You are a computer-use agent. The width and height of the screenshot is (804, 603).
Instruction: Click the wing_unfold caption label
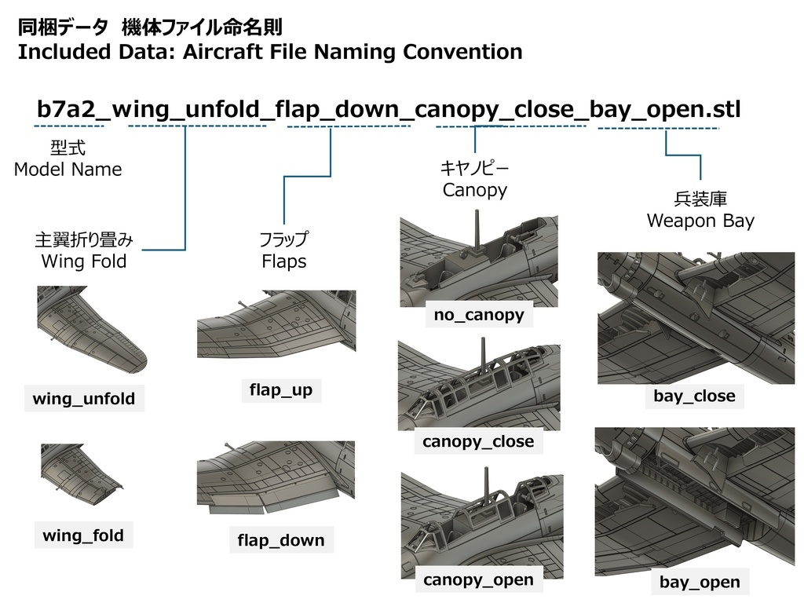(84, 398)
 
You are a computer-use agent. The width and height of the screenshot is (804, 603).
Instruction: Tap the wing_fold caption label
(83, 535)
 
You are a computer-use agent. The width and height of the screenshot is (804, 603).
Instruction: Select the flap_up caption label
(281, 390)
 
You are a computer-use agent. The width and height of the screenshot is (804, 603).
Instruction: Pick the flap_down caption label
(281, 540)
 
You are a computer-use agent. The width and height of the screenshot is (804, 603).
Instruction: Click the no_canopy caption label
(479, 314)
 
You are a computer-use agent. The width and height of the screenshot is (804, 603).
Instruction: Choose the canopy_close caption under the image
(478, 441)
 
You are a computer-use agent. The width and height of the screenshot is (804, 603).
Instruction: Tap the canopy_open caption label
(478, 580)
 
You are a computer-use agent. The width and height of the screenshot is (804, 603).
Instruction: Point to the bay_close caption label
(694, 396)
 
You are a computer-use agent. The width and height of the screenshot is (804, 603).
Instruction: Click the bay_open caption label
(700, 582)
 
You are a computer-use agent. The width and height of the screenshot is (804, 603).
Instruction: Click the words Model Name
(68, 170)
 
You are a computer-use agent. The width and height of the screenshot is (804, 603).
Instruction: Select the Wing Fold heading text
(84, 261)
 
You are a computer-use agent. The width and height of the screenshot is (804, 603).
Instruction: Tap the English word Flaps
(284, 261)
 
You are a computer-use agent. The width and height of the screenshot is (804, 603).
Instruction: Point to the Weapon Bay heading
(700, 221)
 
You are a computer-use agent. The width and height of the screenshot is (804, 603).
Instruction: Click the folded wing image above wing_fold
(82, 475)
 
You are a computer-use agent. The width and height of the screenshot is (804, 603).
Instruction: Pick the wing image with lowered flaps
(276, 477)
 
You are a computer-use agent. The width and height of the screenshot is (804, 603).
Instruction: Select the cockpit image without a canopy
(479, 261)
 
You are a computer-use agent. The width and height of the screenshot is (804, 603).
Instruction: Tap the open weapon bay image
(695, 502)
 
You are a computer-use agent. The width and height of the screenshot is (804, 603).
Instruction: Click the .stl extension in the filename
(723, 109)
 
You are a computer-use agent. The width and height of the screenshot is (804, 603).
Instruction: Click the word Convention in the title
(462, 52)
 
